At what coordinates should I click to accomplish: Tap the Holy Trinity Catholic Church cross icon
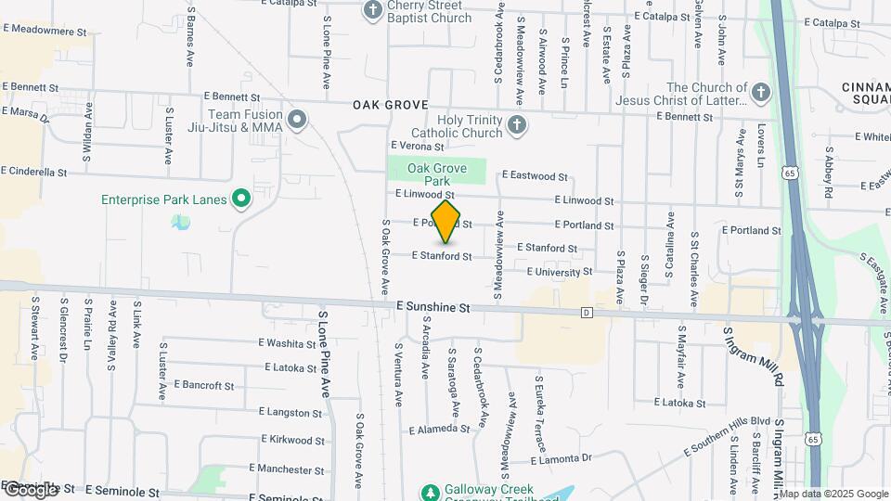click(x=517, y=123)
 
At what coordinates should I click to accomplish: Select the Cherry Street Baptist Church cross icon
click(x=372, y=11)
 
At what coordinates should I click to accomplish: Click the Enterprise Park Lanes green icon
click(x=241, y=198)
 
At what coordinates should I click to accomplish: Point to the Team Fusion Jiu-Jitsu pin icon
click(x=297, y=119)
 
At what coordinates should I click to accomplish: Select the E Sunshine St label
click(x=433, y=305)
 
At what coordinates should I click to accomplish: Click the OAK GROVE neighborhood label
click(x=390, y=106)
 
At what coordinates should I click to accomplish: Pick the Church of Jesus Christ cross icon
click(x=759, y=93)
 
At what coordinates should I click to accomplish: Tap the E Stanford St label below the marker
click(x=442, y=256)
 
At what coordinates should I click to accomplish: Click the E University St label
click(x=559, y=272)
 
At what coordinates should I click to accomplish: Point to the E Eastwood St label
click(x=535, y=175)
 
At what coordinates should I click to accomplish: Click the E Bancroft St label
click(x=203, y=384)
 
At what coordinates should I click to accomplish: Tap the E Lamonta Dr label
click(x=561, y=458)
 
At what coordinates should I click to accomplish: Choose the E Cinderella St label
click(x=34, y=172)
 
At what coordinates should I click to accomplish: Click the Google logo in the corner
click(x=31, y=489)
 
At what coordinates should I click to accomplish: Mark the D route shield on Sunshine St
click(x=587, y=313)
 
